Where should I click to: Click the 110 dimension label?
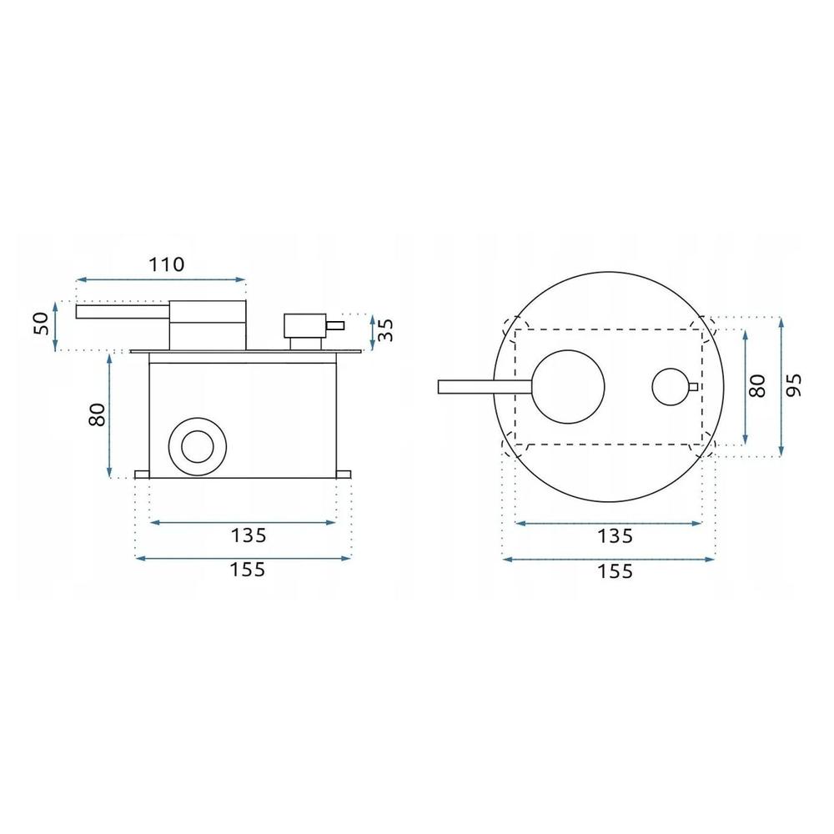click(x=166, y=264)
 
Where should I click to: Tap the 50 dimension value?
click(x=41, y=324)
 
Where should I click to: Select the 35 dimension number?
click(x=385, y=329)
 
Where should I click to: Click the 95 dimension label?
click(x=793, y=385)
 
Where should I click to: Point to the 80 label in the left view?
click(x=98, y=414)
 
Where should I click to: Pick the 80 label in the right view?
click(x=757, y=386)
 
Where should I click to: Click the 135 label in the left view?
click(x=248, y=535)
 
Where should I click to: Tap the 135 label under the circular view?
click(x=615, y=536)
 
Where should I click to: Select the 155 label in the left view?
click(x=248, y=570)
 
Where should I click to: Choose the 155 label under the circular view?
click(x=615, y=571)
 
